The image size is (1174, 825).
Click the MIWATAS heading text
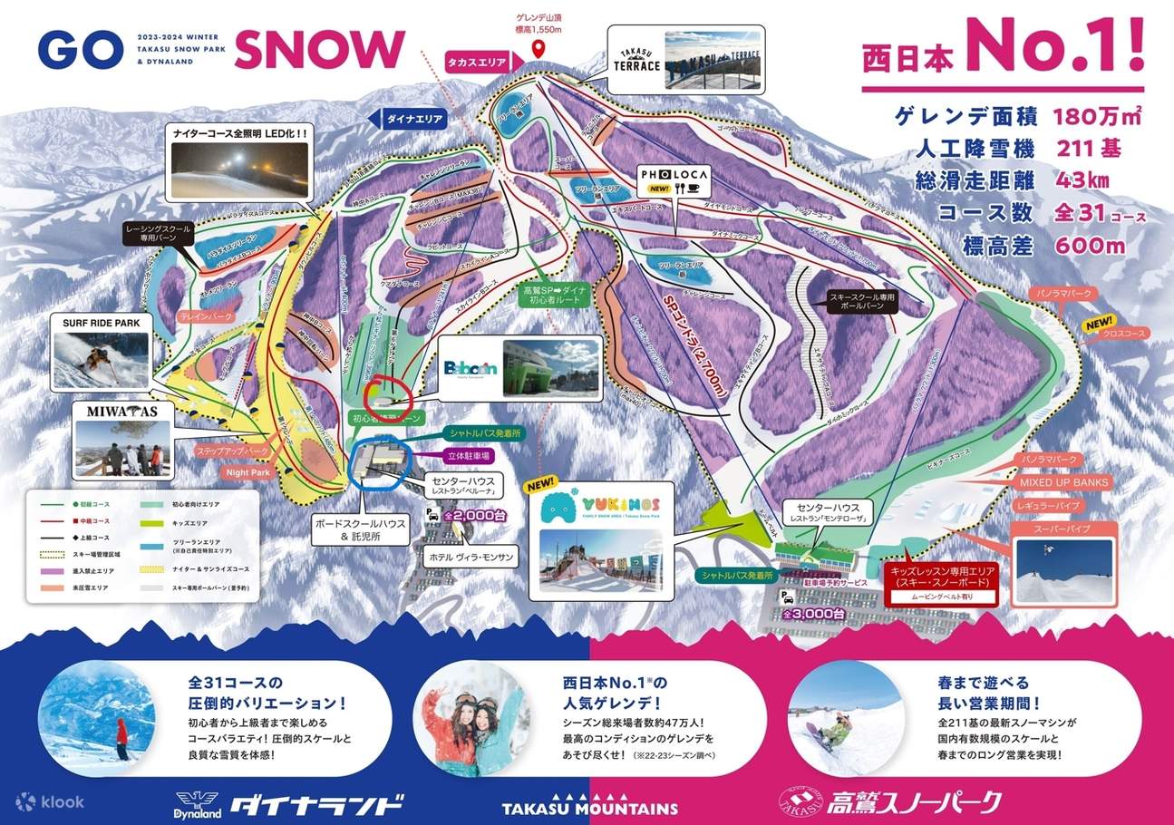[122, 412]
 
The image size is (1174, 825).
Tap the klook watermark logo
[51, 801]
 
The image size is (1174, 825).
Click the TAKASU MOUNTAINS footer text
[590, 808]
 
